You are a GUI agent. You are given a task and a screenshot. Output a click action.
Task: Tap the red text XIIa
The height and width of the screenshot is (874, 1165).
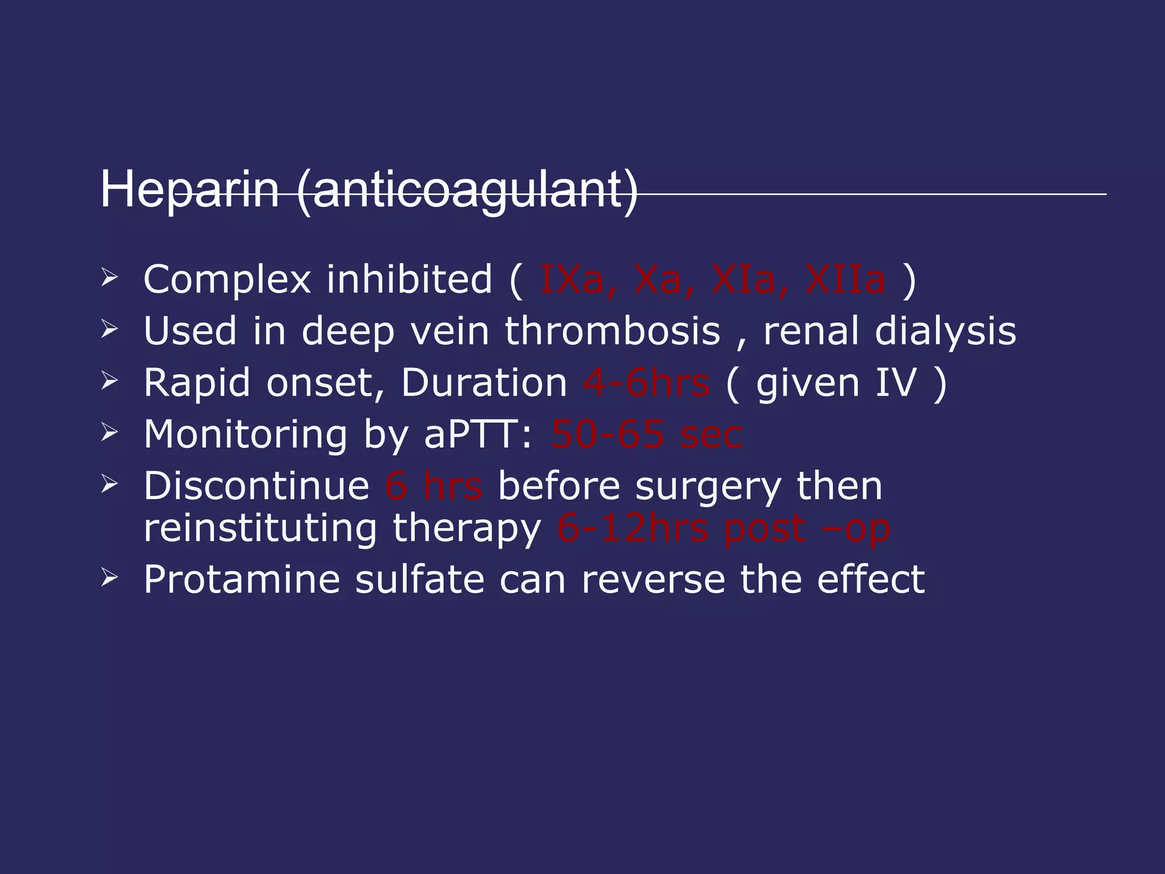click(x=845, y=279)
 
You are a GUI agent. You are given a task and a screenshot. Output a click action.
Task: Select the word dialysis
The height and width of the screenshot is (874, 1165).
click(x=945, y=332)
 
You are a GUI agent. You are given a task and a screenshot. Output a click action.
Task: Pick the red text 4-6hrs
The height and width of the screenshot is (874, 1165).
click(x=646, y=382)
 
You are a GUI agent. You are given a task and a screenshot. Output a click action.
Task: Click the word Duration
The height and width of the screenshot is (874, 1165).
click(x=484, y=382)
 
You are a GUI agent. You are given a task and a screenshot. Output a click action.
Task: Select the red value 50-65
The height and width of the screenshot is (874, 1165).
click(x=607, y=435)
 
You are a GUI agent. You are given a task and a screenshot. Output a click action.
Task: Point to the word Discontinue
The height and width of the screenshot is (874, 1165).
click(x=257, y=486)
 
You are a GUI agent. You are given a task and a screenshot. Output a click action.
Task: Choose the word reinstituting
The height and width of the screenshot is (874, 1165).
click(x=260, y=528)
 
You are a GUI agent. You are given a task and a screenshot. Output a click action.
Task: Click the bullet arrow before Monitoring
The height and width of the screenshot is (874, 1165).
click(x=109, y=434)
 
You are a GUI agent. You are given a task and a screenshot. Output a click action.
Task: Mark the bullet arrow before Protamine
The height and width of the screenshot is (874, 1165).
click(x=109, y=578)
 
